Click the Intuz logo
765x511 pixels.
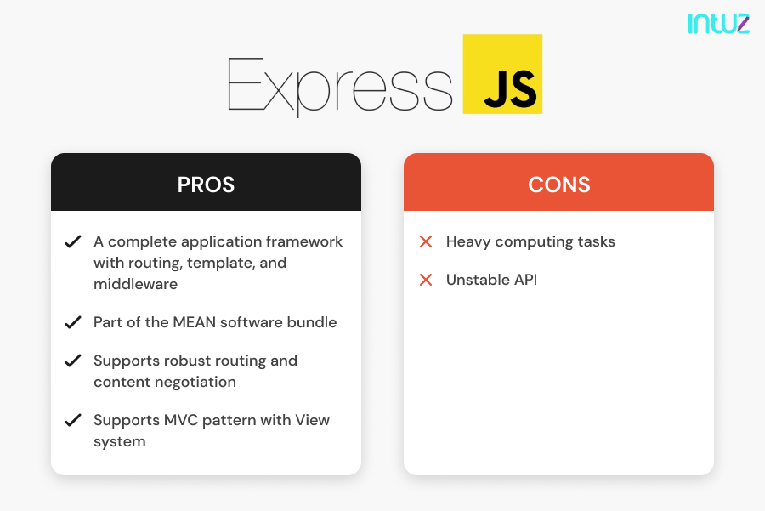click(718, 23)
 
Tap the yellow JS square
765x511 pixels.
click(502, 74)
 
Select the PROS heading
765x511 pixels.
click(206, 185)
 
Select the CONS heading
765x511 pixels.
click(558, 185)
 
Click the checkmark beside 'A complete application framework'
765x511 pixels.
click(73, 242)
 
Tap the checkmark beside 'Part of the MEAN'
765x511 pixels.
click(73, 323)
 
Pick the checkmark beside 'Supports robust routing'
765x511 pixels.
click(73, 361)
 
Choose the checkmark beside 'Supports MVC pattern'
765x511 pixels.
click(73, 421)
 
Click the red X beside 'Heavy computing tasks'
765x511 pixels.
click(426, 242)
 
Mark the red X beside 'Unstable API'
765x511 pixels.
click(426, 280)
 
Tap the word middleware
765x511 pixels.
click(135, 284)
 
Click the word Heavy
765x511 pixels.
click(469, 242)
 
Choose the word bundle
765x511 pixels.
click(312, 322)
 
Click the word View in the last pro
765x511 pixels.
click(312, 420)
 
